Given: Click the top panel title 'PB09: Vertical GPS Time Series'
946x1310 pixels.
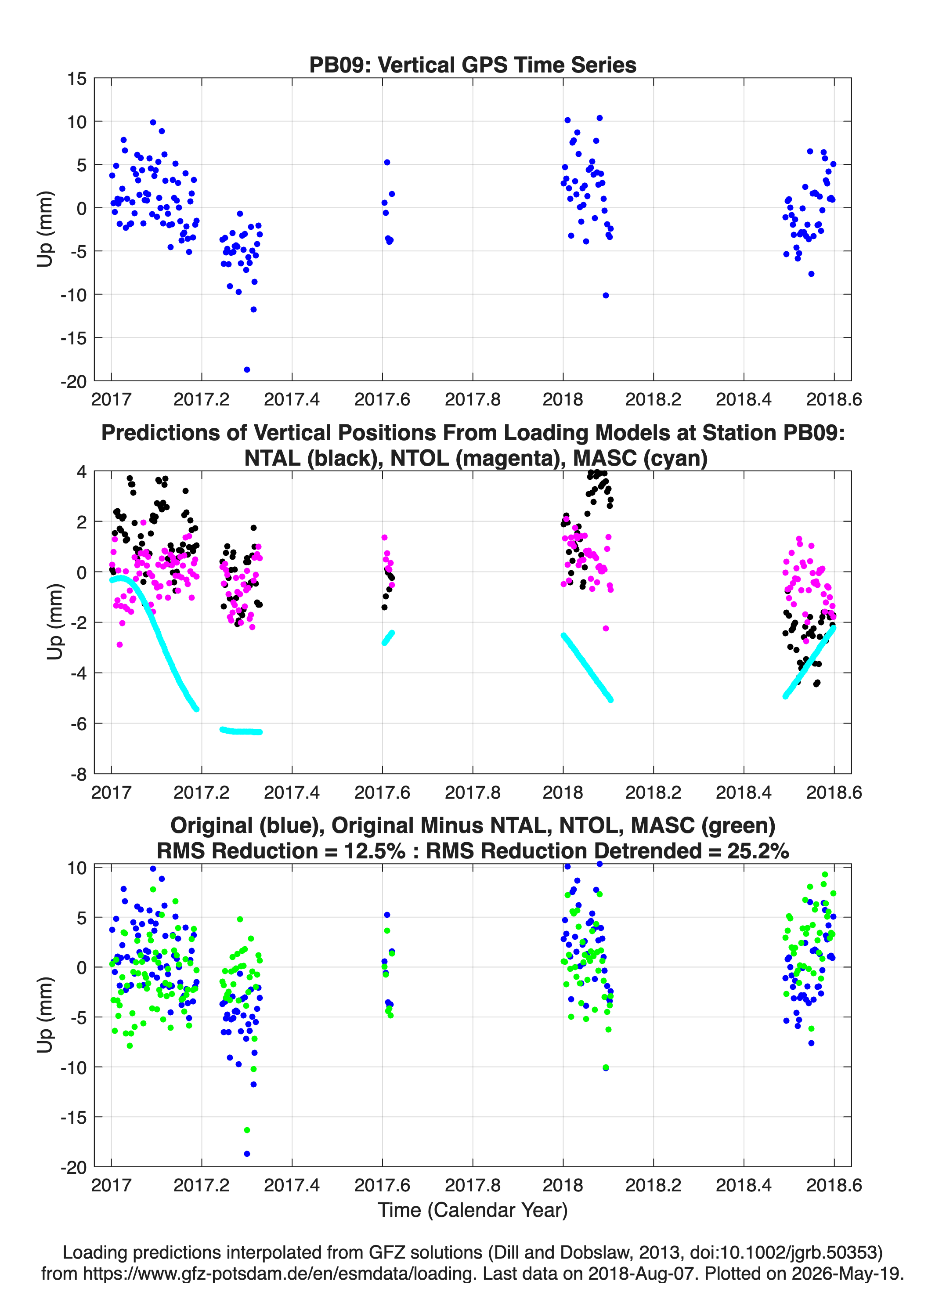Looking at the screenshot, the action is point(473,65).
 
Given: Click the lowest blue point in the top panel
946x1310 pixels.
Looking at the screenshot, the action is point(247,369).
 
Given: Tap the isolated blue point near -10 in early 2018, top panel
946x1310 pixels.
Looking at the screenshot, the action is point(606,296).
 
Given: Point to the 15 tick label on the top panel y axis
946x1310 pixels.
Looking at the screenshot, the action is point(76,79).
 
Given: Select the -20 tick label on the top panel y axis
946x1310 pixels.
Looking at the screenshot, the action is point(73,381).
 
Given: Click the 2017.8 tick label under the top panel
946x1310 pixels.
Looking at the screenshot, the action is point(473,399).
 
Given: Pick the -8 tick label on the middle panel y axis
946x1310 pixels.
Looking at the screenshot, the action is point(79,774).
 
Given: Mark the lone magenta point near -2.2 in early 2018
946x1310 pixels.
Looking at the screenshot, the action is point(606,629).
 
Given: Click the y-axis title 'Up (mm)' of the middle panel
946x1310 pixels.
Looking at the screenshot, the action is point(54,622).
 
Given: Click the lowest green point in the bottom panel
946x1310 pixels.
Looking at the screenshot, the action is point(247,1130).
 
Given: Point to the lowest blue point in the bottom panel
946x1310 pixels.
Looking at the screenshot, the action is point(247,1154).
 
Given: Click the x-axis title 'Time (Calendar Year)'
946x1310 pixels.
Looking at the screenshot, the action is point(473,1209).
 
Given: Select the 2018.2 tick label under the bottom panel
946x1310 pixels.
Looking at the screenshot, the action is point(653,1185).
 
